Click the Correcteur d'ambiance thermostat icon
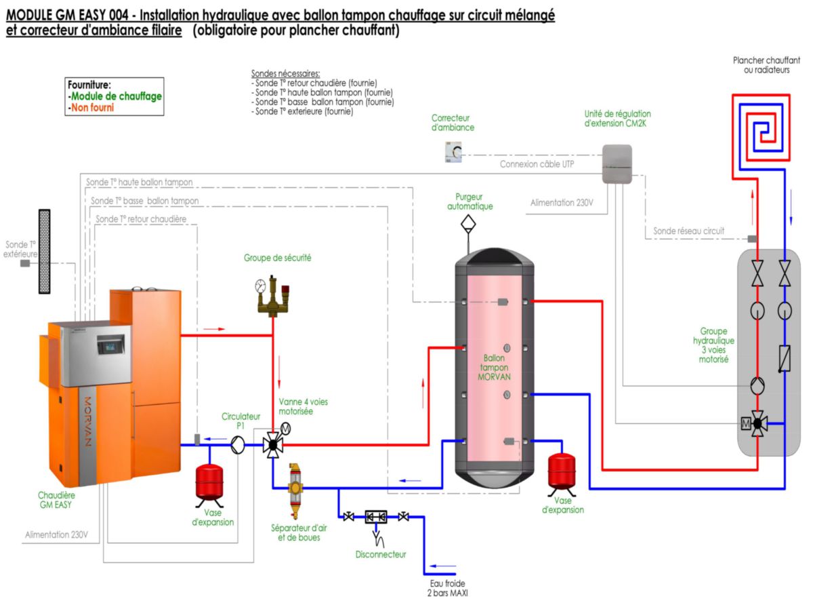coord(453,153)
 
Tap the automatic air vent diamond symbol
coord(467,223)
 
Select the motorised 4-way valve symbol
coord(273,445)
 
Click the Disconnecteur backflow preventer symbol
coord(376,518)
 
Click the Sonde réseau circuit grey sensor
coord(751,239)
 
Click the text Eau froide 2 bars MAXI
coord(448,587)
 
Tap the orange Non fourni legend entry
coord(91,107)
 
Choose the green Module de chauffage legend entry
coord(114,96)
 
